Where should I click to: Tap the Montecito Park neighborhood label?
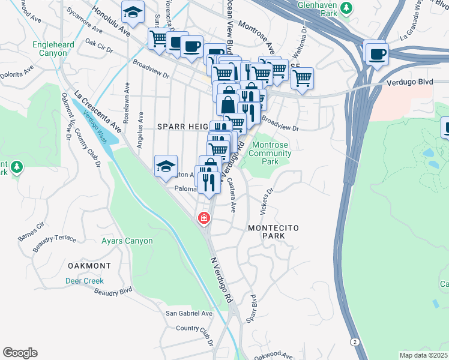click(x=273, y=232)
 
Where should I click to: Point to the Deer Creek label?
click(x=85, y=281)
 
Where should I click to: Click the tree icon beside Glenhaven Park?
click(x=346, y=8)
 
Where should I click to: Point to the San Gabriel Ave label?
click(x=190, y=313)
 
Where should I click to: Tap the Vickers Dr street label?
click(x=266, y=202)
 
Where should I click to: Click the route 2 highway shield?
click(x=355, y=341)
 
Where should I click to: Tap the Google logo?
click(x=20, y=353)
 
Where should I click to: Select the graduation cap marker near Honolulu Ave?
click(x=133, y=11)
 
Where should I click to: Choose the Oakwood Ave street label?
click(x=273, y=356)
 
